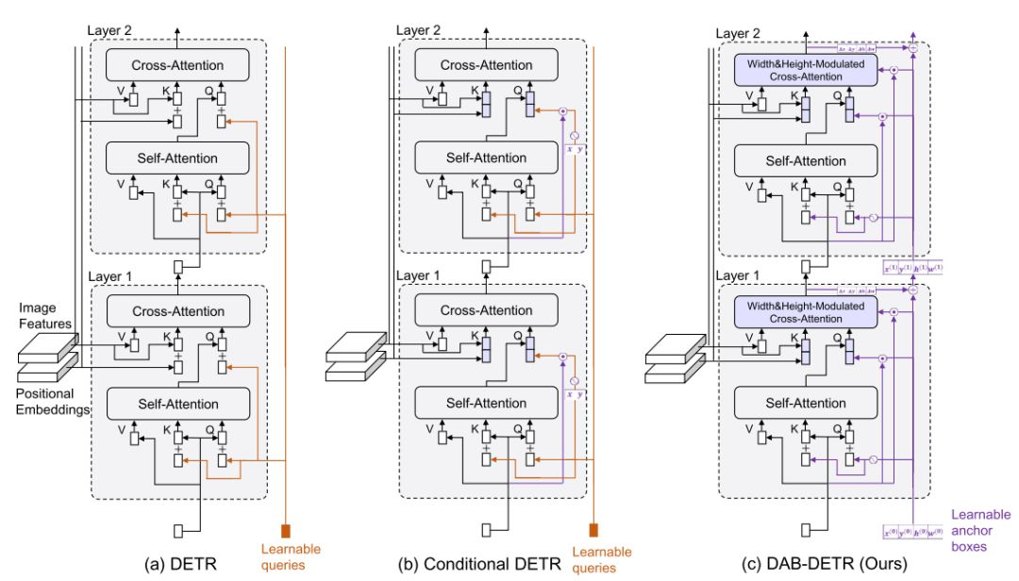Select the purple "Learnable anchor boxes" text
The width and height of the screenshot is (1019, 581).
click(x=980, y=530)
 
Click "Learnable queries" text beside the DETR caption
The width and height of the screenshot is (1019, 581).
click(x=289, y=556)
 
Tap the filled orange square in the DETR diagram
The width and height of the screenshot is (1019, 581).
click(x=285, y=529)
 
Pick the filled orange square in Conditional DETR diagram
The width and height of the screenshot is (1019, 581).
click(x=593, y=529)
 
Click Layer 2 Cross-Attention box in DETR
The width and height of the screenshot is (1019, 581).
click(x=177, y=64)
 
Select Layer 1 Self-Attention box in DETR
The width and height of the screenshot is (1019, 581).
click(x=177, y=404)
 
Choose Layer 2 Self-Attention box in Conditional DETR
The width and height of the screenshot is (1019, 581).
click(x=485, y=157)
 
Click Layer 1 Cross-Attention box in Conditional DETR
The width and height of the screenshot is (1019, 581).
click(x=485, y=311)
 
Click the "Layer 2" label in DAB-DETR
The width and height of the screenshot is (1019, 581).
click(x=742, y=33)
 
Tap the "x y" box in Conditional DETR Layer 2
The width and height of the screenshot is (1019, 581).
click(x=572, y=148)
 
